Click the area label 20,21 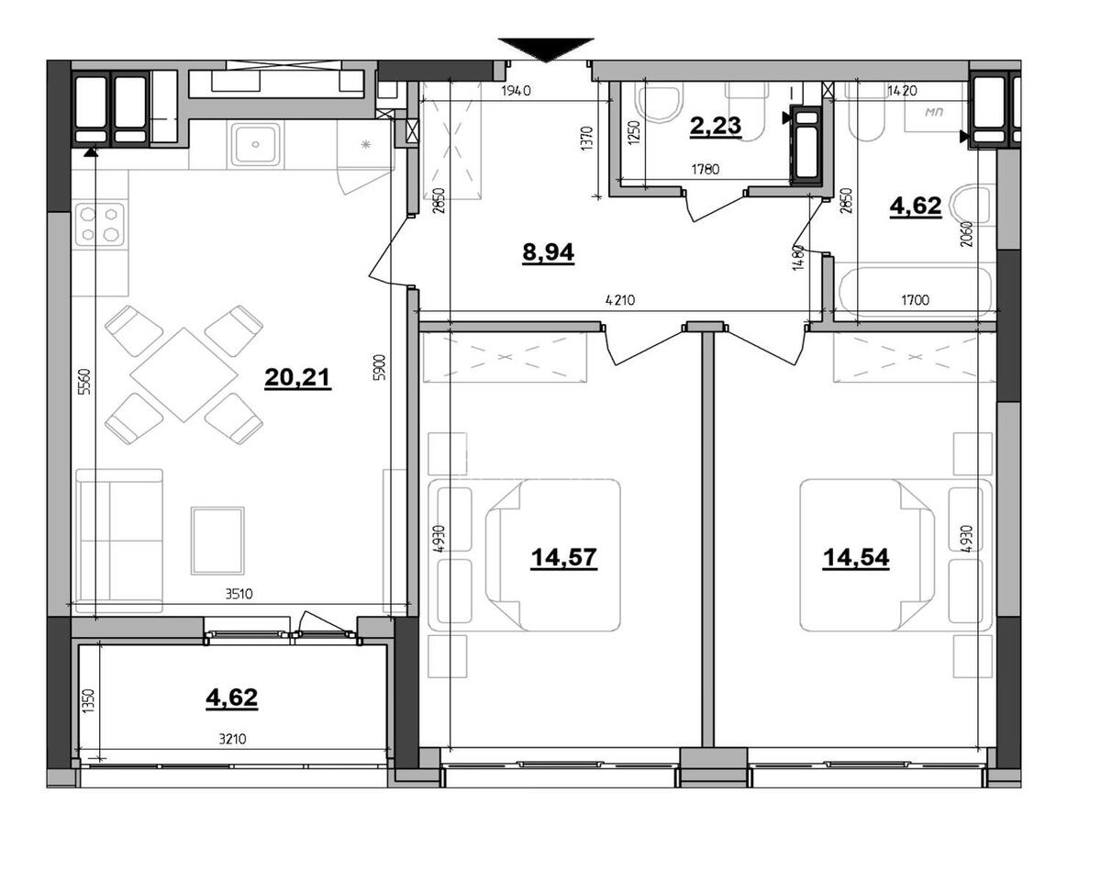(297, 377)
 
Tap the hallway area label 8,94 (548, 252)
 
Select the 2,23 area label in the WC (716, 126)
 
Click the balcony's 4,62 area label (231, 698)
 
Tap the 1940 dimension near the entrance (517, 91)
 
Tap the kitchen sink (255, 144)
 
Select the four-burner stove (100, 223)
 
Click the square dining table (184, 374)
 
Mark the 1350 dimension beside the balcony (88, 702)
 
